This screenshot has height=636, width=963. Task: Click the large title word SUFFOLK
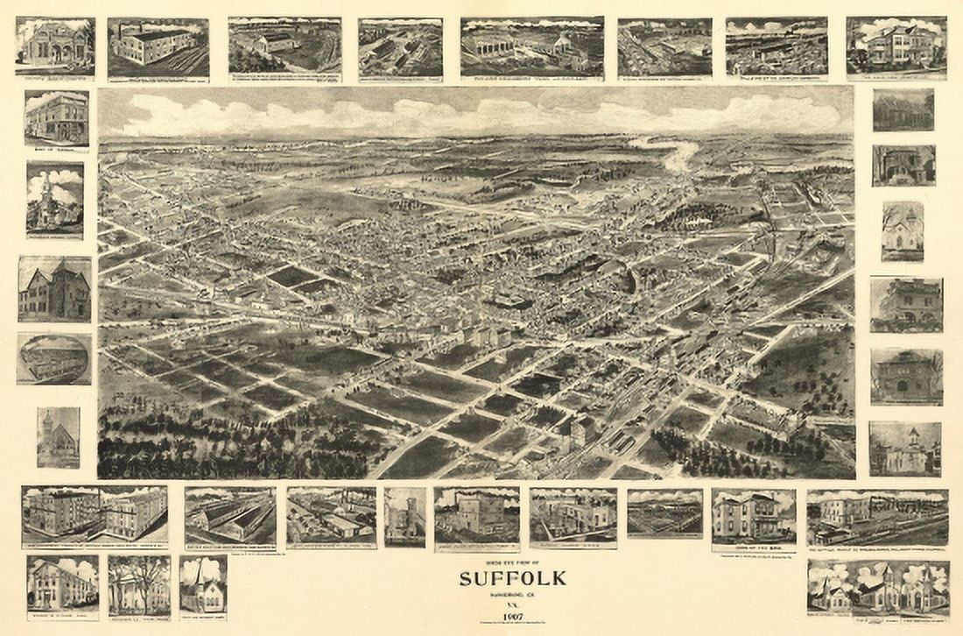tap(513, 579)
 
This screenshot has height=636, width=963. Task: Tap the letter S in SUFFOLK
tap(465, 579)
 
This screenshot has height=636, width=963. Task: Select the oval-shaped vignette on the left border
tap(54, 359)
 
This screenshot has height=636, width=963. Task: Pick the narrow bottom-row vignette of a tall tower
tap(404, 517)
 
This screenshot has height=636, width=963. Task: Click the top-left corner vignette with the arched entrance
tap(54, 46)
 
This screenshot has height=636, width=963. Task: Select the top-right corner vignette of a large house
tap(896, 46)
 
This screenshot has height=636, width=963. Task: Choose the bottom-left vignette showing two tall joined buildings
tap(95, 515)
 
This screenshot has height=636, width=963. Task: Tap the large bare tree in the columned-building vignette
tap(140, 575)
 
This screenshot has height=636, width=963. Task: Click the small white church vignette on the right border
tap(903, 230)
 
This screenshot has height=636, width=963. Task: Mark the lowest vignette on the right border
tap(905, 449)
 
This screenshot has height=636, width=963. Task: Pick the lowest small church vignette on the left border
tap(58, 437)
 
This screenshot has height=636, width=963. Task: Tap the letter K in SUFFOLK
tap(559, 579)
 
